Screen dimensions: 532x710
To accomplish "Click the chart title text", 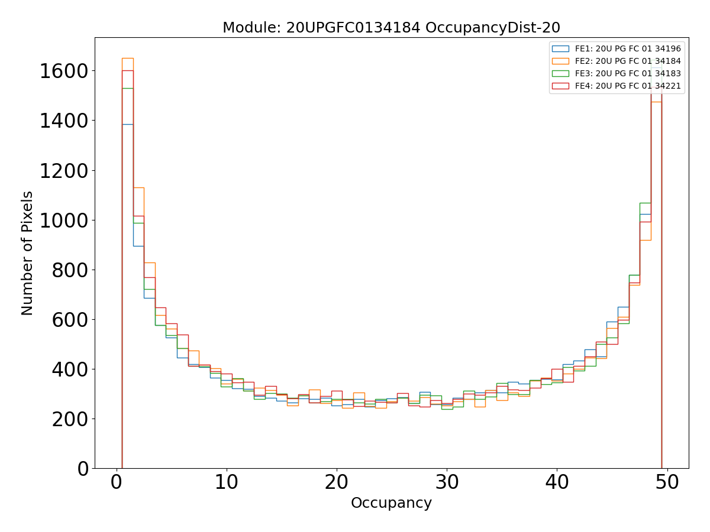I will [x=391, y=28].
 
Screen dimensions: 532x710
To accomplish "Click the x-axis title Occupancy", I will [x=391, y=503].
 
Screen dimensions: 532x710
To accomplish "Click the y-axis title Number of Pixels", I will [x=28, y=253].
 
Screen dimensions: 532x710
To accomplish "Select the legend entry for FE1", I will [x=628, y=48].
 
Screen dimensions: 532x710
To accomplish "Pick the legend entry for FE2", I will [x=628, y=61].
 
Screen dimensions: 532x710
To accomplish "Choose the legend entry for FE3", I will [x=628, y=73].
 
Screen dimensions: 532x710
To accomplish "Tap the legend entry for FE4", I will [x=628, y=86].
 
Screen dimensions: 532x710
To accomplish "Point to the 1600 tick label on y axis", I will [x=64, y=72].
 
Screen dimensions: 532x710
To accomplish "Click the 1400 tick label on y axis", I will [x=64, y=121].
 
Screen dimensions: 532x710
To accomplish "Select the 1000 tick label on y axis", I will [x=64, y=220].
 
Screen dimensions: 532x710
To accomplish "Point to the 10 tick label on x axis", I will [x=227, y=482].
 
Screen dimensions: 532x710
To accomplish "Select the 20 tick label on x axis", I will [x=337, y=482].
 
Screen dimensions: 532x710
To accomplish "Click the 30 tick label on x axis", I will [x=447, y=482].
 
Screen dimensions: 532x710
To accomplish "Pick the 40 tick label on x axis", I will [x=557, y=482].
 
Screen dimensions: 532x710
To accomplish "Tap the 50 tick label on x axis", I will [x=667, y=482].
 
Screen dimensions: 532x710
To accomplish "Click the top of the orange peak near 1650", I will [x=128, y=58].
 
